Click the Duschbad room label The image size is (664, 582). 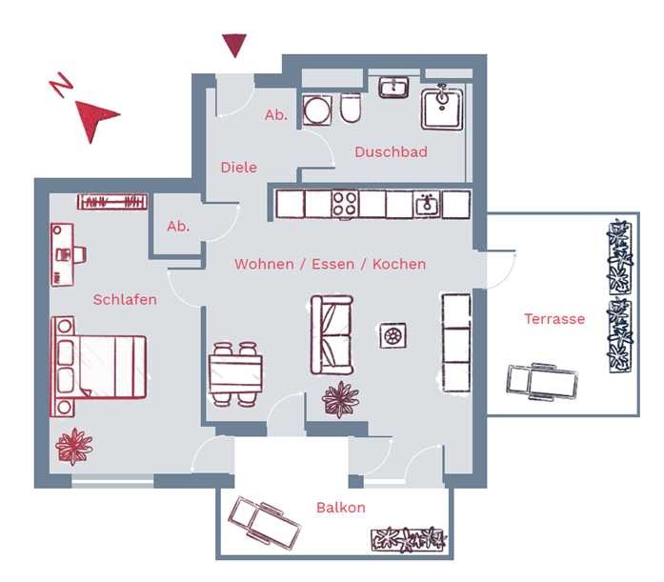(391, 152)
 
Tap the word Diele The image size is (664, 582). (239, 168)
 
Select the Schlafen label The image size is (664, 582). (125, 300)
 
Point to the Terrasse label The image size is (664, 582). (554, 319)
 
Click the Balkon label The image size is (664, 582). (341, 507)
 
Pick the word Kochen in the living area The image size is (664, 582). (399, 264)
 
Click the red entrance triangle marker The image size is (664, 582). (235, 45)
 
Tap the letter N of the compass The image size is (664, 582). (61, 85)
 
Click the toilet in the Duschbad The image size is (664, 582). (351, 109)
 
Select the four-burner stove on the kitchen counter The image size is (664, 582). (345, 205)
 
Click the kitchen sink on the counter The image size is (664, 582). (427, 204)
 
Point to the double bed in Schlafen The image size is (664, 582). (99, 367)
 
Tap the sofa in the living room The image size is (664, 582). (332, 334)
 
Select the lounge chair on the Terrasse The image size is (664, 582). (542, 382)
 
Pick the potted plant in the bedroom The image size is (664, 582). (74, 447)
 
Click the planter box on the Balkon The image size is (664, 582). (409, 540)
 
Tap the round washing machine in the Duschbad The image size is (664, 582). (317, 110)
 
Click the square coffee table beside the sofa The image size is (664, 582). (393, 335)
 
